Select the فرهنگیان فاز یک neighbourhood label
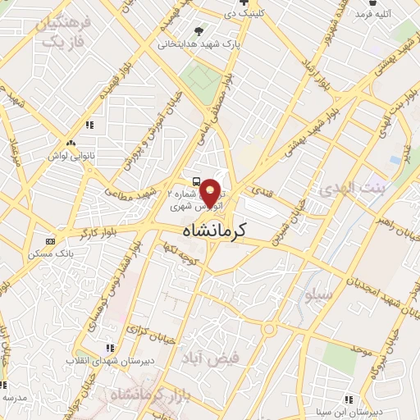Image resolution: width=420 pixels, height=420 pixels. (57, 32)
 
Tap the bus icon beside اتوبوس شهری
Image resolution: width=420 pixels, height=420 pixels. (196, 181)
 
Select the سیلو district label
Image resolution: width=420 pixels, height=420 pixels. (318, 293)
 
